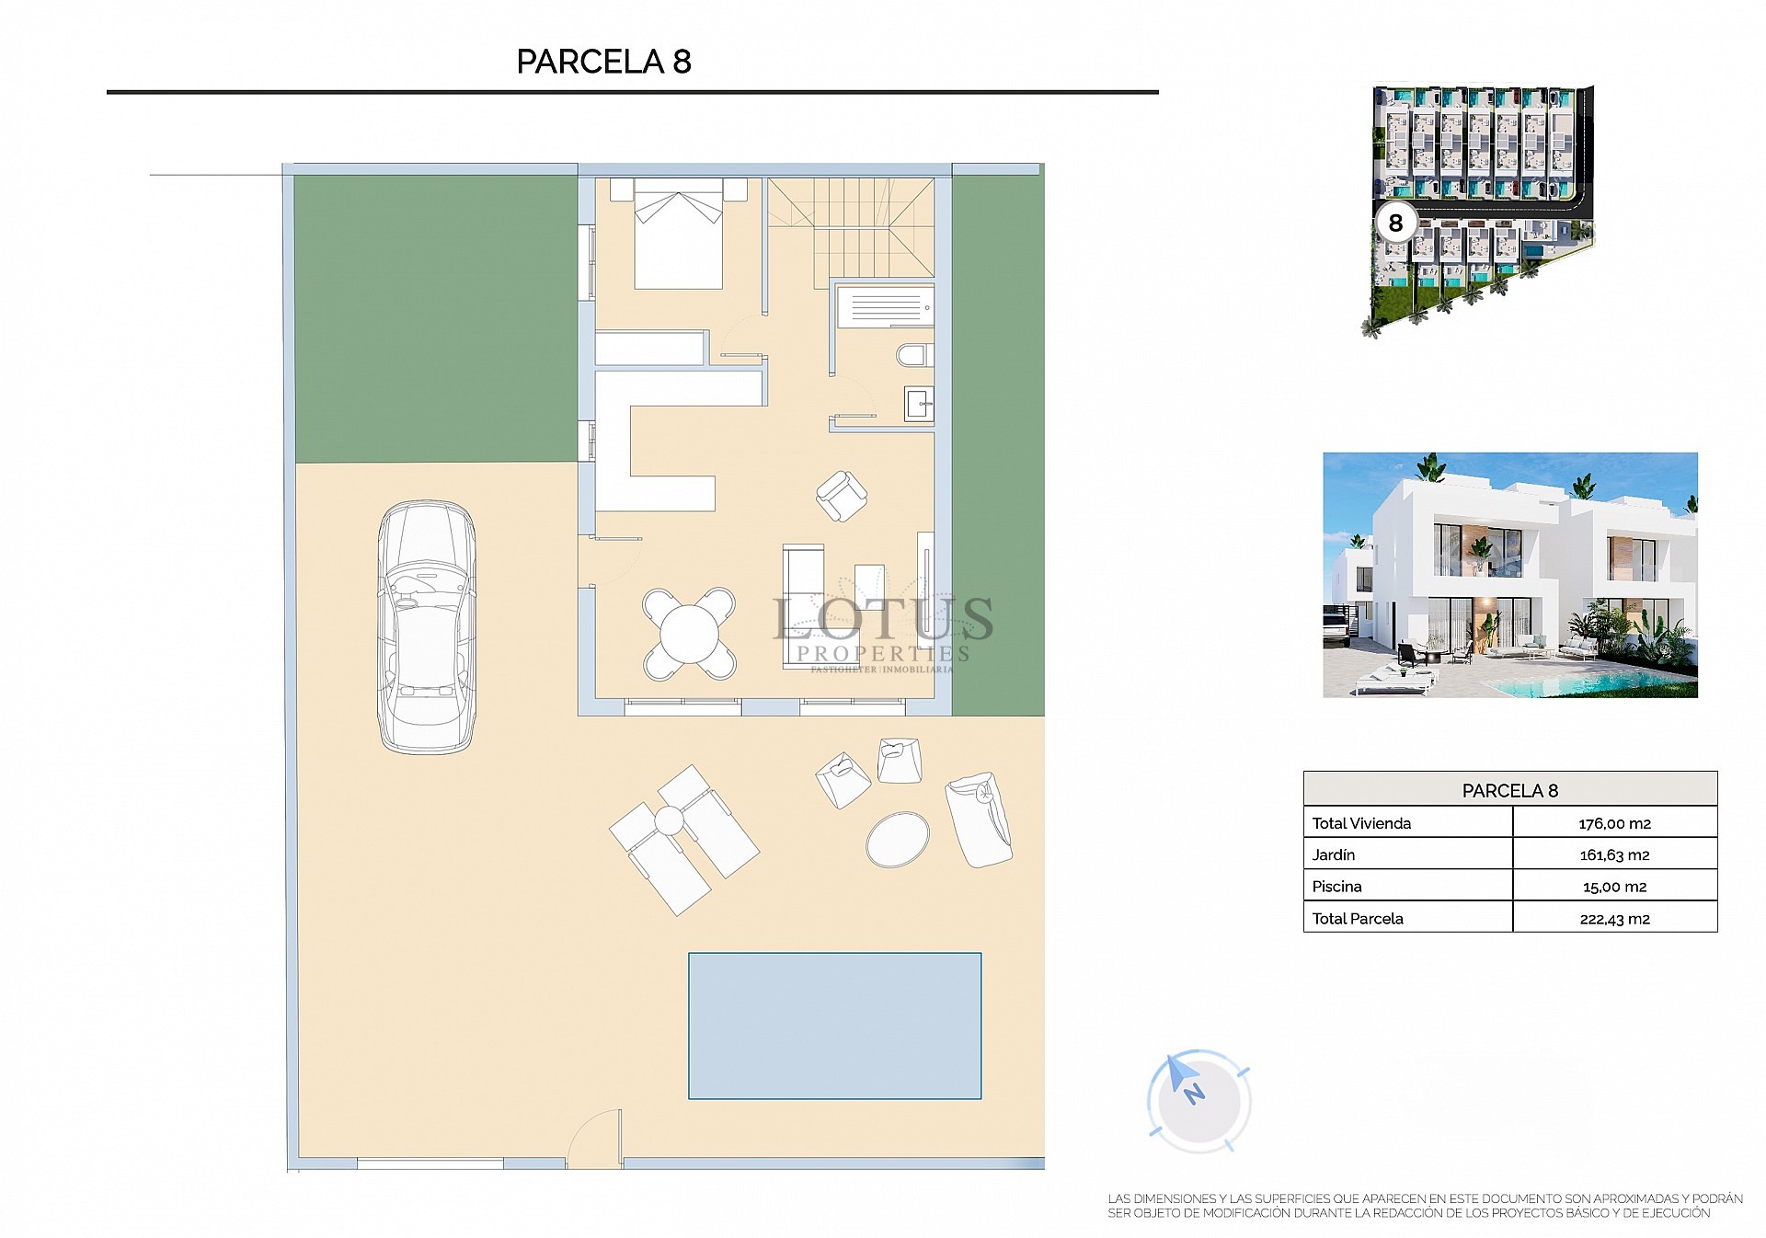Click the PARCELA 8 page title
tap(603, 62)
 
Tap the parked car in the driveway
tap(427, 627)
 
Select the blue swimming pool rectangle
tap(834, 1026)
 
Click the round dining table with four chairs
tap(689, 634)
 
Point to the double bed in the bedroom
tap(679, 237)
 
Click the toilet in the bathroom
tap(914, 356)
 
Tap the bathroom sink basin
tap(919, 404)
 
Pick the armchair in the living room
tap(841, 496)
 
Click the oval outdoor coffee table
tap(898, 838)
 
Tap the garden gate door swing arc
tap(595, 1139)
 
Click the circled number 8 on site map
tap(1395, 224)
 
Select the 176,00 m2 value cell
tap(1614, 823)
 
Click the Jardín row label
tap(1334, 854)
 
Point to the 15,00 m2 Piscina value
tap(1614, 887)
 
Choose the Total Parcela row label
tap(1358, 918)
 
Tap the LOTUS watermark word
tap(883, 618)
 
